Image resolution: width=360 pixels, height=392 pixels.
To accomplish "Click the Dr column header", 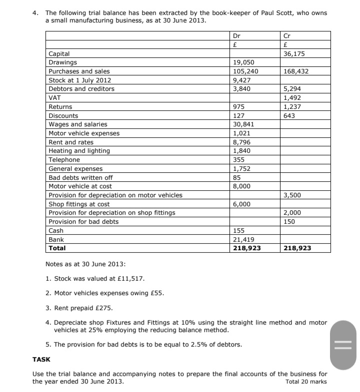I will click(x=237, y=35).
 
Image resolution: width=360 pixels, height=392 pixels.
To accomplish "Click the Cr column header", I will click(x=286, y=35).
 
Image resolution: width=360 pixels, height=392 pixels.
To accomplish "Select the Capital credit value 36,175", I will click(x=294, y=53).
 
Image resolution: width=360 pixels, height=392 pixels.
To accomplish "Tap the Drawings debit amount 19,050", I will click(x=244, y=62).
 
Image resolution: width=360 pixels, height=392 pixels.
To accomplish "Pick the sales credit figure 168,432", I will click(x=296, y=71).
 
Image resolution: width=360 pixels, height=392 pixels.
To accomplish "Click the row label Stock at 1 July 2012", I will click(x=79, y=80).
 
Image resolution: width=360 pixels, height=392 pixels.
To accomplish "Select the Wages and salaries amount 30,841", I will click(x=244, y=124).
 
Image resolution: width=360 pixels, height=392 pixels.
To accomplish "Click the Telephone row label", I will click(x=64, y=160).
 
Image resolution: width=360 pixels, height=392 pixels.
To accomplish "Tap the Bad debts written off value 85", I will click(x=238, y=177).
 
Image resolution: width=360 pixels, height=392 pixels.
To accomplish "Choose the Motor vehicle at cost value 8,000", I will click(x=242, y=186).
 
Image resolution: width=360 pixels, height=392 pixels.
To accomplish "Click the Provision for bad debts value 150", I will click(x=289, y=222).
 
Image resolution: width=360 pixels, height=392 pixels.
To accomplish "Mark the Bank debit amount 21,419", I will click(x=244, y=240).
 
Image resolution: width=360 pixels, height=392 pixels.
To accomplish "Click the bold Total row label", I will click(x=57, y=248).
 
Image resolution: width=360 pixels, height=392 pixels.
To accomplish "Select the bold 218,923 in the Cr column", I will click(x=297, y=248).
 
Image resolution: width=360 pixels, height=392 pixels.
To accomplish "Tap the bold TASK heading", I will click(x=41, y=359).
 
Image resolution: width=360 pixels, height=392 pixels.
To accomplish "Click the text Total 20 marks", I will click(x=306, y=382).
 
